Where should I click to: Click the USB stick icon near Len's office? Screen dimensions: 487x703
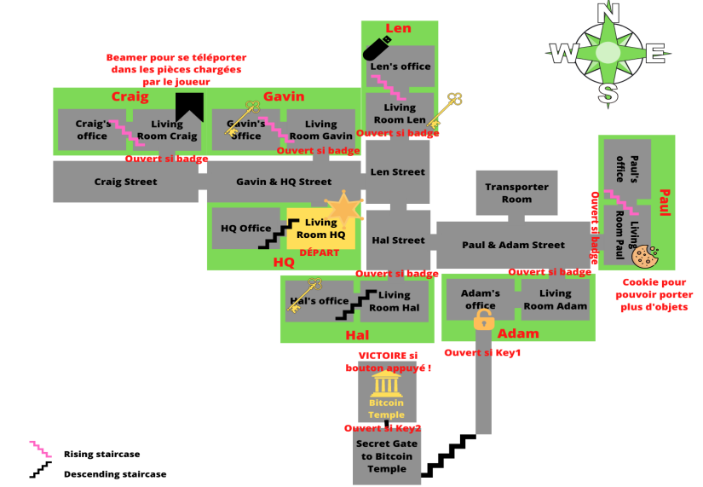tap(377, 49)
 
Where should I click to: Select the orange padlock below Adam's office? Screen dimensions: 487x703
tap(484, 321)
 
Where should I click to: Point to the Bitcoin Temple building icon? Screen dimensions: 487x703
tap(388, 383)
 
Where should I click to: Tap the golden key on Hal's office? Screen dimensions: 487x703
tap(304, 295)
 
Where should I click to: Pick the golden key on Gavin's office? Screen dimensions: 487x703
tap(242, 119)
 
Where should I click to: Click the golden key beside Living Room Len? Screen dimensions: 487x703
tap(444, 109)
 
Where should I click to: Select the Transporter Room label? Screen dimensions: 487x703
tap(517, 193)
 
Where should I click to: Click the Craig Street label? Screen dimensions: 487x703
tap(125, 182)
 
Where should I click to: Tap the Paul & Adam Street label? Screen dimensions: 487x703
tap(513, 245)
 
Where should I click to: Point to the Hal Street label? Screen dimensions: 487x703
tap(398, 241)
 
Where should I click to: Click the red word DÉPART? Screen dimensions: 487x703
tap(319, 252)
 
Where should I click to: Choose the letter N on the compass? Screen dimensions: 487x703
tap(607, 12)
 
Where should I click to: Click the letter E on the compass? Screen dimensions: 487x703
tap(657, 53)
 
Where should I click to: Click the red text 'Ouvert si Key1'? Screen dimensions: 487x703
tap(482, 353)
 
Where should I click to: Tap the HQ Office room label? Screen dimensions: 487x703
tap(246, 229)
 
